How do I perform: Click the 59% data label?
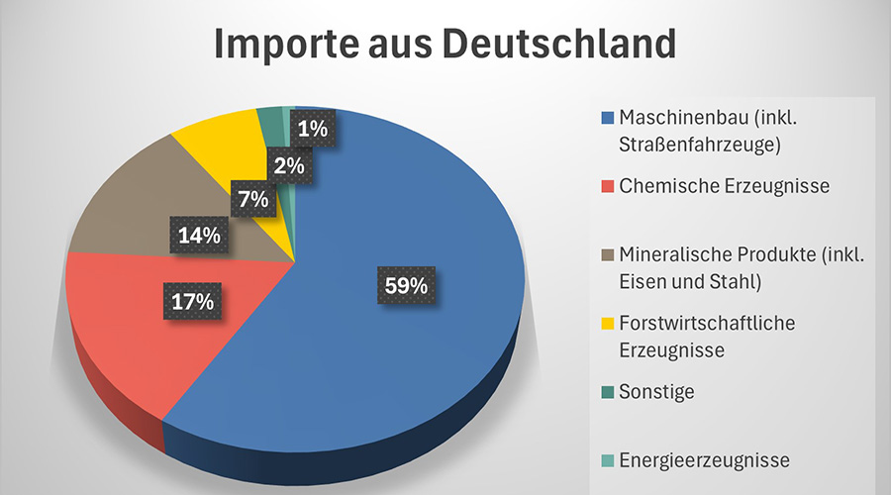click(406, 285)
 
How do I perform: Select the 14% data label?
click(200, 237)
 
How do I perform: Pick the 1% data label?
click(313, 128)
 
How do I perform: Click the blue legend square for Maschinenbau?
click(608, 119)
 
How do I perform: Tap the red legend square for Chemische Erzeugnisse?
click(608, 186)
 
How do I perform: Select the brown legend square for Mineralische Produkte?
click(608, 254)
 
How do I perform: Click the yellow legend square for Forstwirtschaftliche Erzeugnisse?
click(608, 323)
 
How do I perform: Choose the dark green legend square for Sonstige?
click(608, 391)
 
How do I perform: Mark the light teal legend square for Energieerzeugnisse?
click(608, 459)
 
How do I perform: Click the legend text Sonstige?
click(657, 391)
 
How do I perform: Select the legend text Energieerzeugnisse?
click(704, 459)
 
